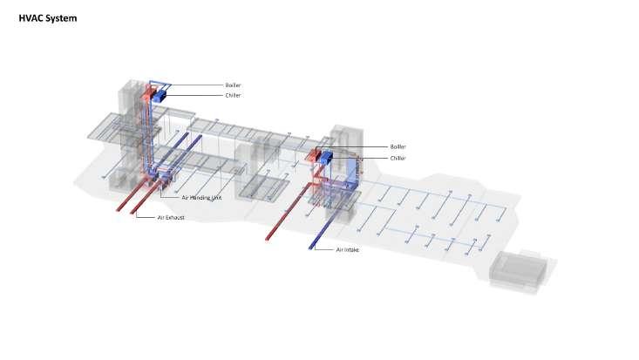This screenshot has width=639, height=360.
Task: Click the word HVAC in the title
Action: (x=31, y=17)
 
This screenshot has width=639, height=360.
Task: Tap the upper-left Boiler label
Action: (x=233, y=85)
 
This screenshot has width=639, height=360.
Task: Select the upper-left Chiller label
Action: (x=233, y=95)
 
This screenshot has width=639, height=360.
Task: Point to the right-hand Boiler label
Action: (x=398, y=147)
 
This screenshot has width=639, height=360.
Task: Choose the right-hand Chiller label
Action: (x=398, y=158)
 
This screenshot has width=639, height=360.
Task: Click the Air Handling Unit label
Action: (x=202, y=198)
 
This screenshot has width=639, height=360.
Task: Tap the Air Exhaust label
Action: (x=171, y=216)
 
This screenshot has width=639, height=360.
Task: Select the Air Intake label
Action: (x=349, y=249)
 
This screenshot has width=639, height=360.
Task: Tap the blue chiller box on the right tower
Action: (x=327, y=158)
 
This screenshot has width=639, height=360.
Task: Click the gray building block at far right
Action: (x=520, y=270)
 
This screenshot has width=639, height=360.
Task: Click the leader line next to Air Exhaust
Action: (x=146, y=216)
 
